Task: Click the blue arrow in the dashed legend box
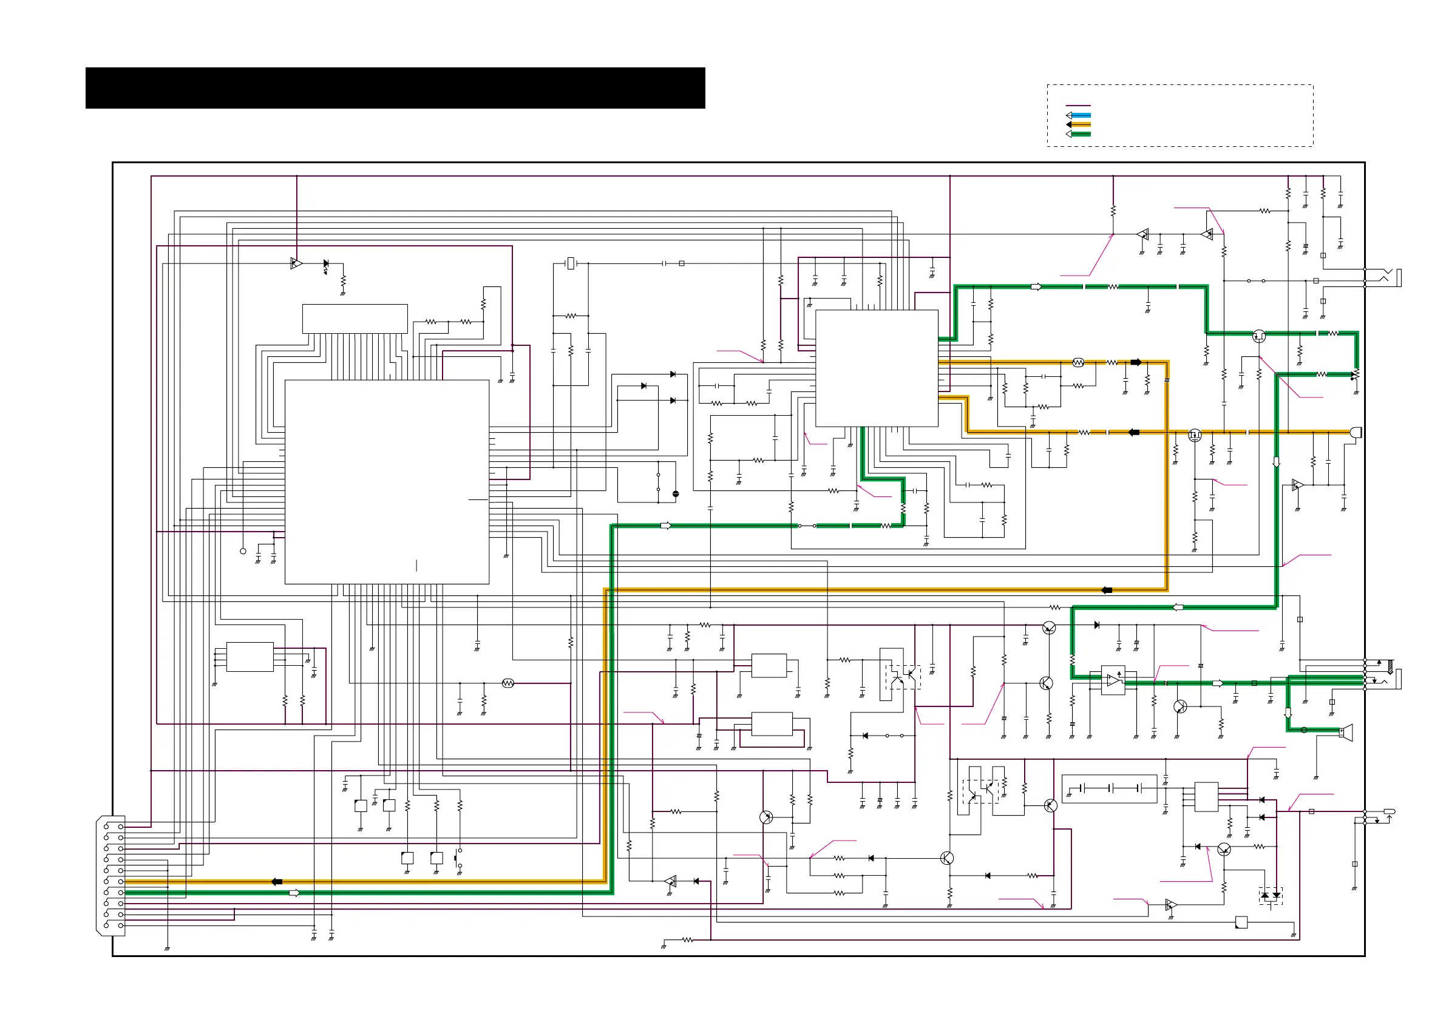tap(1078, 115)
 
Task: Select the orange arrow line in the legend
tap(1078, 124)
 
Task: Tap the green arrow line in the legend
tap(1078, 134)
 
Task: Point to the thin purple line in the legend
tap(1078, 106)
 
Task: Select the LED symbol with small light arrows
tap(325, 265)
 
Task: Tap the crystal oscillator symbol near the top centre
tap(571, 263)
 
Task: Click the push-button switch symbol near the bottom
tap(458, 858)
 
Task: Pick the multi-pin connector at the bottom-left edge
tap(112, 875)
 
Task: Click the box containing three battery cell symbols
tap(1110, 788)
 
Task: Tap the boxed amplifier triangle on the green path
tap(1113, 681)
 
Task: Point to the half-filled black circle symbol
tap(676, 495)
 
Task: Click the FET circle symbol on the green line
tap(1259, 336)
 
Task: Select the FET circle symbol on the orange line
tap(1195, 435)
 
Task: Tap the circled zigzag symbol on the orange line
tap(1078, 363)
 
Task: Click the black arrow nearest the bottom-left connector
tap(276, 882)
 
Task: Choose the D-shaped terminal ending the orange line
tap(1356, 432)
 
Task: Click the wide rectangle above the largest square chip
tap(355, 319)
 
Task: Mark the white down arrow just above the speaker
tap(1288, 714)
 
